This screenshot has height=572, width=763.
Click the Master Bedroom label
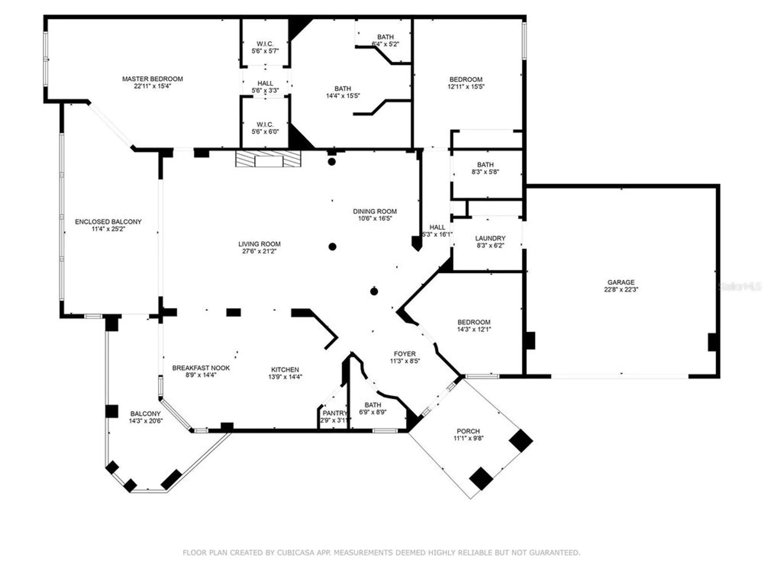152,79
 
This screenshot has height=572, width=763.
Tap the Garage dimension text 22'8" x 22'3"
621,289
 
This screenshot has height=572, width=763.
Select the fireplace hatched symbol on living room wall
268,159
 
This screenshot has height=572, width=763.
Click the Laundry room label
490,238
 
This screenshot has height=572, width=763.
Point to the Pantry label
335,413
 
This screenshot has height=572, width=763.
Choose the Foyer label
404,354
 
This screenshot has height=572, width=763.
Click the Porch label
468,431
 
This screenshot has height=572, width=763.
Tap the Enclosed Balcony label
108,222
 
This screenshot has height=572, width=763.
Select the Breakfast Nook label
201,368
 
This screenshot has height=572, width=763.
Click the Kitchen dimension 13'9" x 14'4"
285,377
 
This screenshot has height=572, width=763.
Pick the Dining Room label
375,211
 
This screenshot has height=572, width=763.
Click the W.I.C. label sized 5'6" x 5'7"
265,44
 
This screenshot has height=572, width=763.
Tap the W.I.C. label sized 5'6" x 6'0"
265,125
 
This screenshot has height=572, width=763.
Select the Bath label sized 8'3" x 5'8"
485,165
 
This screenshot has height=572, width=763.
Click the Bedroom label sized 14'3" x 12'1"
474,322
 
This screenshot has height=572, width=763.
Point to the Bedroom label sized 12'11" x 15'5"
466,79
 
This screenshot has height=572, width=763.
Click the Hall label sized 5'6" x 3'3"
265,83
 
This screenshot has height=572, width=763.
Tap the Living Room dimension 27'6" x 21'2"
259,251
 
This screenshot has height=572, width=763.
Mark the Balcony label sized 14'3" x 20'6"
145,414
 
